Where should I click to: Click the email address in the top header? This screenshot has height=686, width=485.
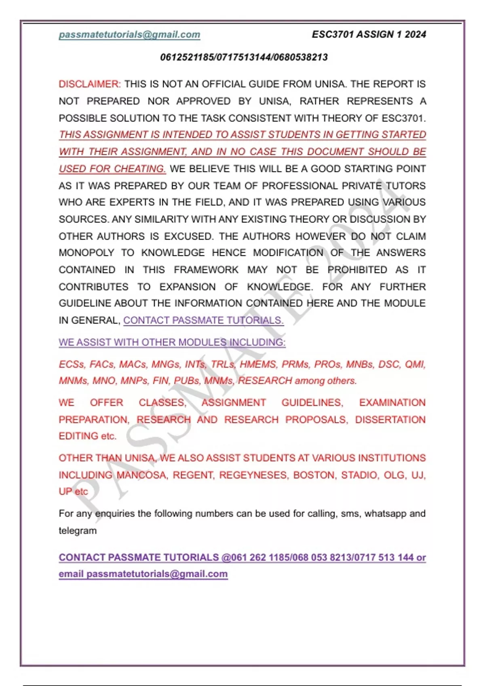(129, 35)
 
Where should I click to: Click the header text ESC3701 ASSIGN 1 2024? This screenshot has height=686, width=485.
(369, 35)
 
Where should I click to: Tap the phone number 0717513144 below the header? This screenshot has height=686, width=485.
(244, 57)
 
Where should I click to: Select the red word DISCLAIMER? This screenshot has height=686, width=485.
(89, 84)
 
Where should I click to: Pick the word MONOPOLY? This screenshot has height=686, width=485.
(86, 253)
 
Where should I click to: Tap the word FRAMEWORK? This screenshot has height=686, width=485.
(206, 270)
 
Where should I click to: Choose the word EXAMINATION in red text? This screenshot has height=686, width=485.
(392, 403)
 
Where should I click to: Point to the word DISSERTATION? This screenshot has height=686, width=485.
(390, 420)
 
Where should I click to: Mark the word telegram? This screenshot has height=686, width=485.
(78, 531)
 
